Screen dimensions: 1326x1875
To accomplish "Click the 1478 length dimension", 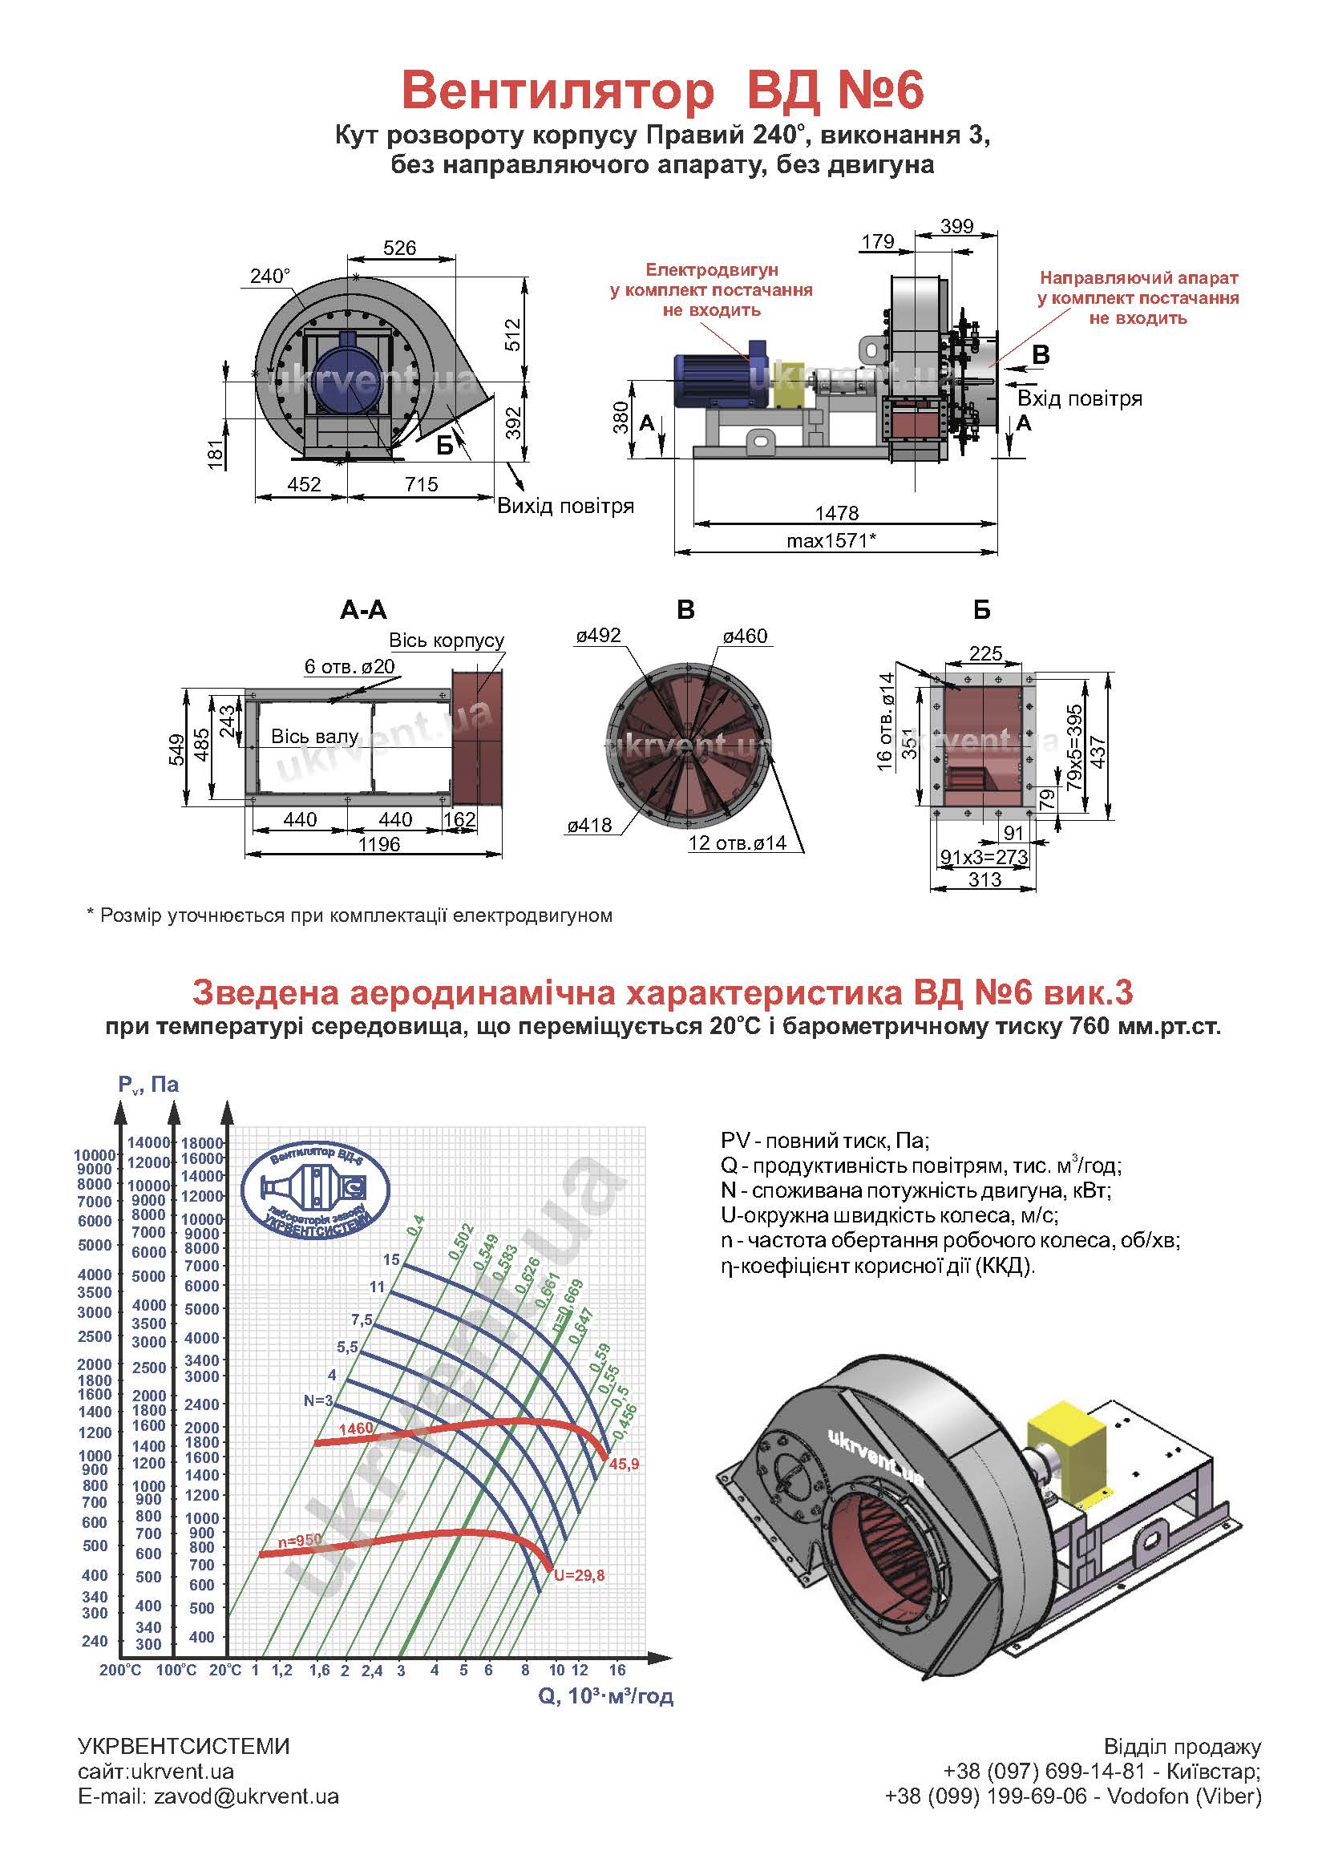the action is (837, 513).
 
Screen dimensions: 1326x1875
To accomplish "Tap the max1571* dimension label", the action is (831, 539).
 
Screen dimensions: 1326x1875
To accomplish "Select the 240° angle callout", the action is (269, 276).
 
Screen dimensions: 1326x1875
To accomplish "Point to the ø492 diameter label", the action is (599, 636).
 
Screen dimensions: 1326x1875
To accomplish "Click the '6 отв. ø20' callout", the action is (350, 666).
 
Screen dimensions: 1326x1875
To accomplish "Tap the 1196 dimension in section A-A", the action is (379, 843).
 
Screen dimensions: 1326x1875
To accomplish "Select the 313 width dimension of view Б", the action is (984, 879).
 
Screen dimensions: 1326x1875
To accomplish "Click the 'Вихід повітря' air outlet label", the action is (566, 506).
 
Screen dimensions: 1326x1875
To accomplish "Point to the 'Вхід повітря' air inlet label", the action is (1079, 398).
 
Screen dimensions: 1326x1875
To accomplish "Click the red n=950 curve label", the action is (300, 1539).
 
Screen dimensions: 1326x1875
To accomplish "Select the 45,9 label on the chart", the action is (624, 1465).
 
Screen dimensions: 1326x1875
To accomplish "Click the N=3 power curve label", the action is (318, 1400).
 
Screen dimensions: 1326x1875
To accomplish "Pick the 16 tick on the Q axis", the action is (617, 1670).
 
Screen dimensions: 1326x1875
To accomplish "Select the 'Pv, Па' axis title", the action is (148, 1085).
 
